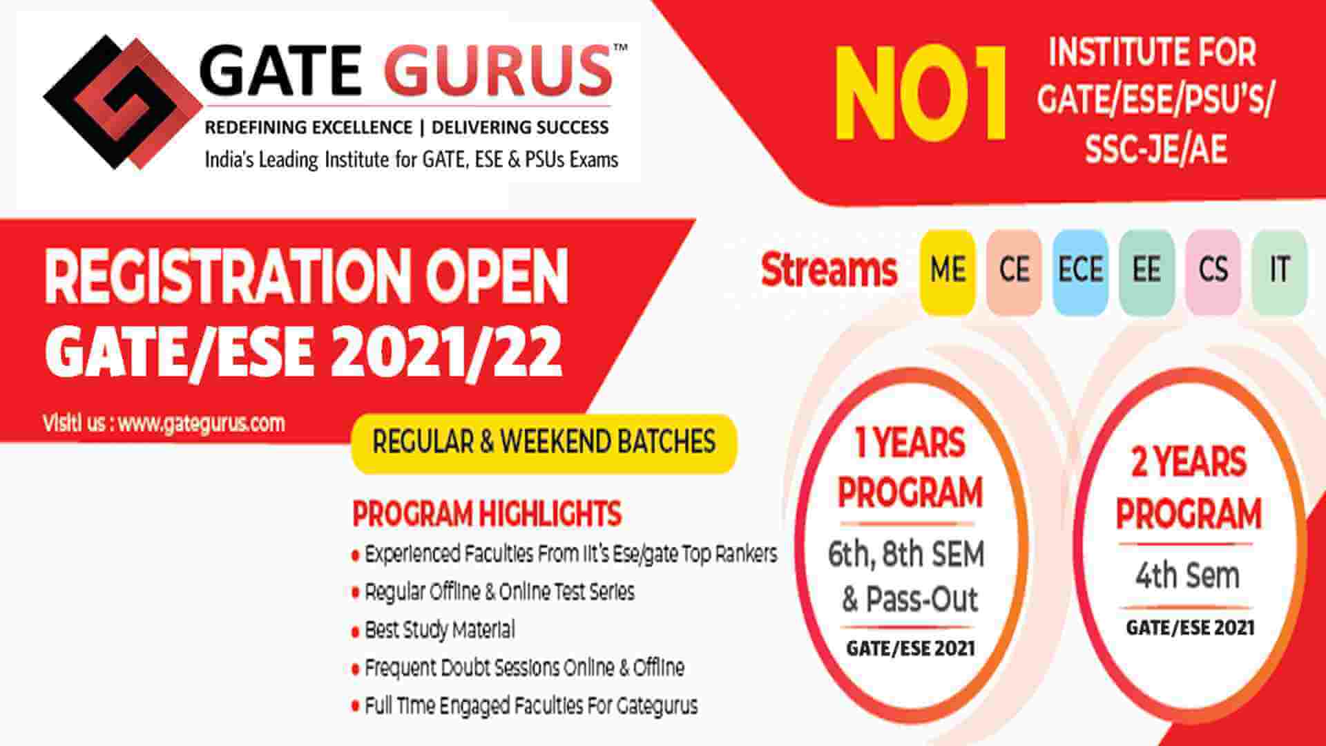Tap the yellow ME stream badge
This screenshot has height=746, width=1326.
tap(947, 270)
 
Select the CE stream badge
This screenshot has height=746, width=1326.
tap(1013, 270)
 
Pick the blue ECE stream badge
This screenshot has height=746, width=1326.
tap(1080, 270)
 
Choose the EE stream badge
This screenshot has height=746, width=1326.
tap(1146, 270)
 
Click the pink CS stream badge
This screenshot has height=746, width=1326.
tap(1213, 270)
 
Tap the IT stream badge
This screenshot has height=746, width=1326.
tap(1279, 270)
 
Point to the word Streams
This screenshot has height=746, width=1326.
tap(829, 270)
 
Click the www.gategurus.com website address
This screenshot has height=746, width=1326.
tap(201, 423)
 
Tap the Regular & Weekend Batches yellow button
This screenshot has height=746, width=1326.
tap(544, 443)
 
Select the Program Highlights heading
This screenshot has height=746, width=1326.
tap(487, 513)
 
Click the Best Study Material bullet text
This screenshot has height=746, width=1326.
tap(439, 630)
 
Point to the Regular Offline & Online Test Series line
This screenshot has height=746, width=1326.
tap(499, 592)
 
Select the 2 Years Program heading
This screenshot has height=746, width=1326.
tap(1189, 488)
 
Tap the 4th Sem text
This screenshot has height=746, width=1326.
tap(1187, 575)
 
